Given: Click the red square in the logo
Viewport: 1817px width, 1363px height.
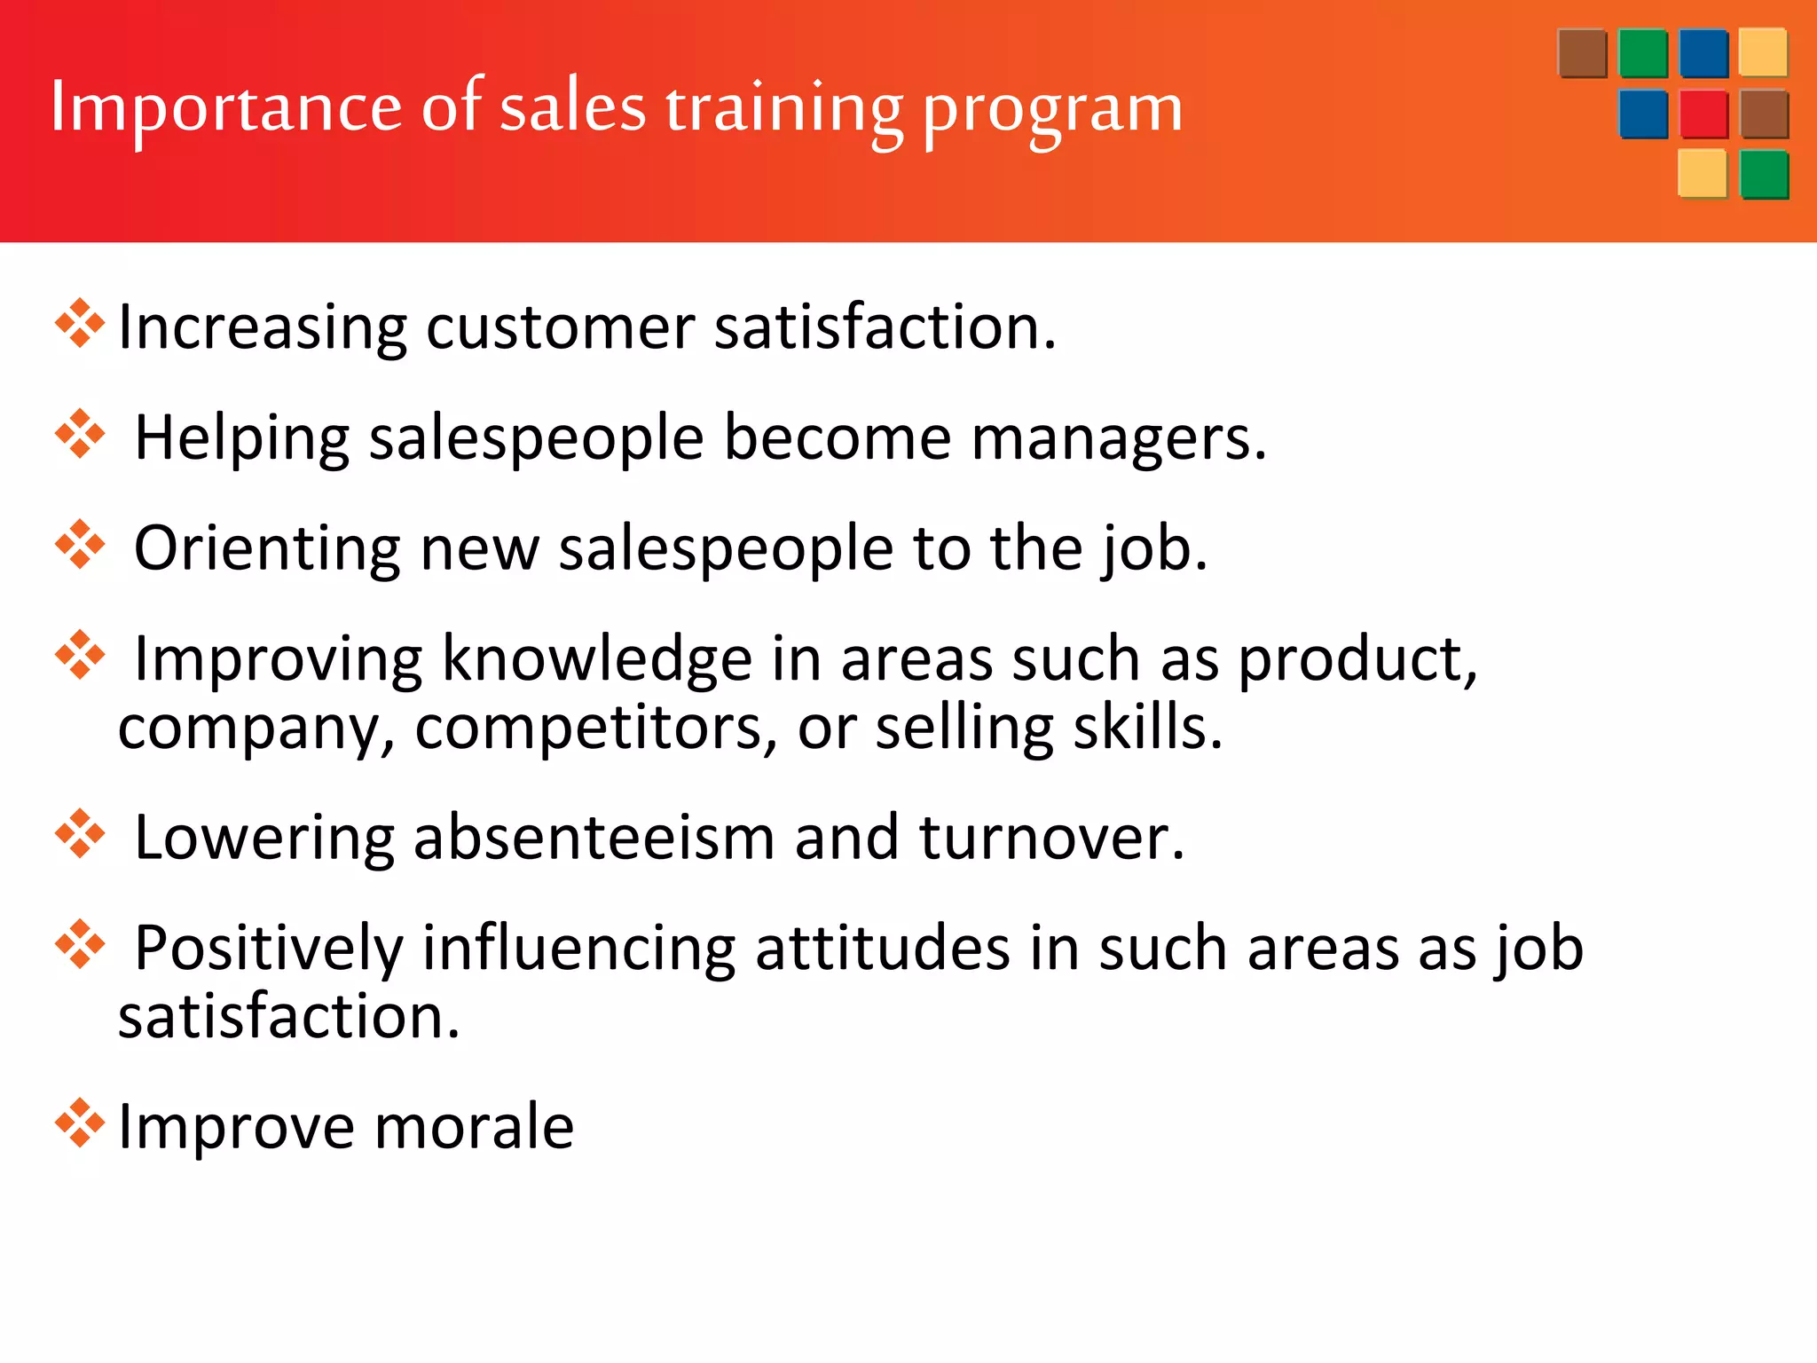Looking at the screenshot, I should click(1703, 114).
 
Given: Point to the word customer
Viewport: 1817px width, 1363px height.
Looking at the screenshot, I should click(561, 327).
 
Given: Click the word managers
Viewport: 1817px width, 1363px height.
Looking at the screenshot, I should click(1119, 438).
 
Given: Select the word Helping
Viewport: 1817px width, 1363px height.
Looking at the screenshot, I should click(242, 438).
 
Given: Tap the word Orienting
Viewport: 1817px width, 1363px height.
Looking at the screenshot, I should click(267, 549).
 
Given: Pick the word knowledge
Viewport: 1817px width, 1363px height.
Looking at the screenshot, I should click(597, 660).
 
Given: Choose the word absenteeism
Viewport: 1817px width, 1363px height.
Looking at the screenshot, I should click(594, 838).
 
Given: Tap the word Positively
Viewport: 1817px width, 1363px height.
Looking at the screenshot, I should click(269, 949).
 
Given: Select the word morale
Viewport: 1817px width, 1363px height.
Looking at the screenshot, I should click(475, 1127).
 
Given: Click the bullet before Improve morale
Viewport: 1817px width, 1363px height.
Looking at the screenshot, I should click(80, 1123).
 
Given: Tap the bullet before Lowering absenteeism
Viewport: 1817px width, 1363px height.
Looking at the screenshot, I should click(80, 834).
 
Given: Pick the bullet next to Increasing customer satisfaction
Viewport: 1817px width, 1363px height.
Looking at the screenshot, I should click(80, 324).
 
